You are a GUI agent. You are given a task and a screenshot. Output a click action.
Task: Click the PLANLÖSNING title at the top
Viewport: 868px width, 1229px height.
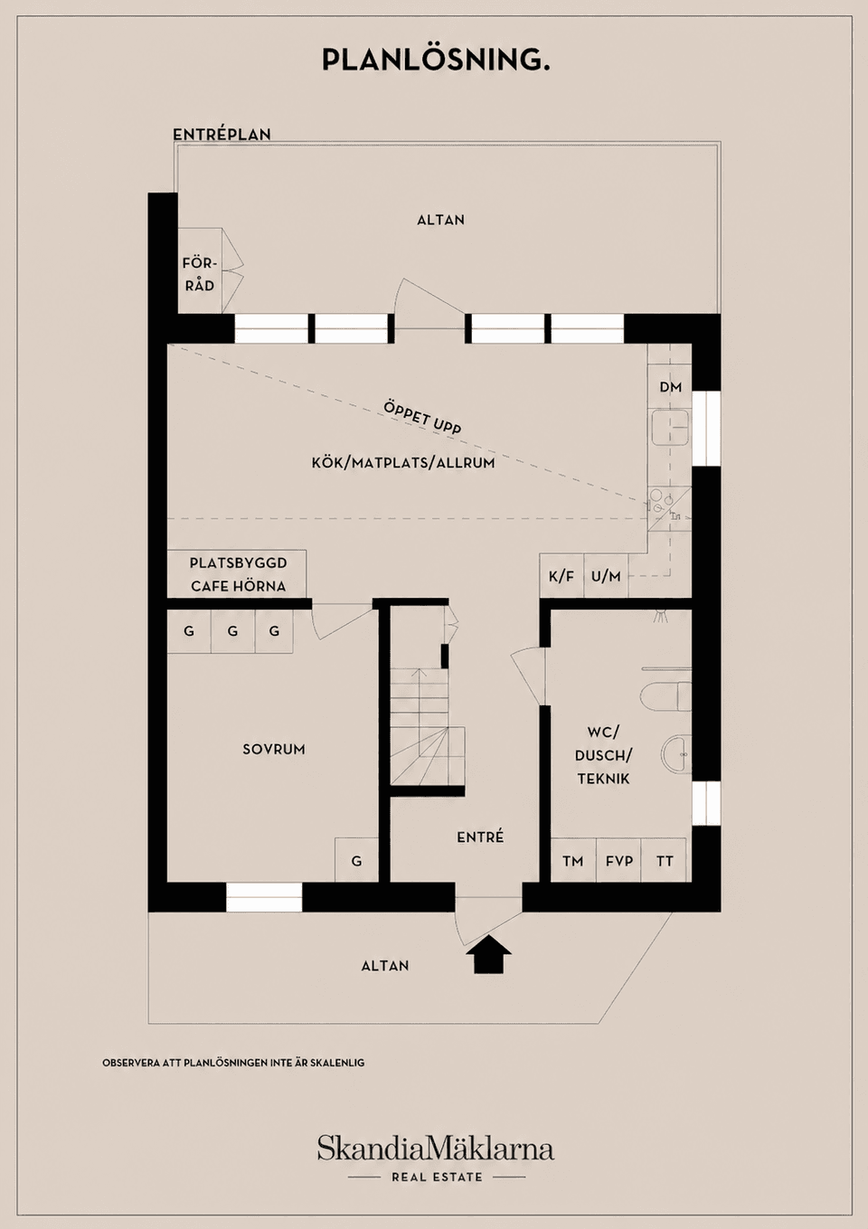(436, 59)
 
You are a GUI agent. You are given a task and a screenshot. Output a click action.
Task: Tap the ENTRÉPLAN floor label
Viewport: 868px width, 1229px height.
(222, 135)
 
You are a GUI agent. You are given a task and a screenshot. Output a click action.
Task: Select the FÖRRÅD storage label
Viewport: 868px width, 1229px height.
(199, 275)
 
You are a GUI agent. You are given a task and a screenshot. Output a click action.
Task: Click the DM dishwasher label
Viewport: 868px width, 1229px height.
(671, 387)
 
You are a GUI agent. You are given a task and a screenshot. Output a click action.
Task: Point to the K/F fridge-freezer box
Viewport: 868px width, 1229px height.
(561, 575)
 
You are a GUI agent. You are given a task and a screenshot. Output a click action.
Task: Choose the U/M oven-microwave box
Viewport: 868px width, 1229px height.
(606, 575)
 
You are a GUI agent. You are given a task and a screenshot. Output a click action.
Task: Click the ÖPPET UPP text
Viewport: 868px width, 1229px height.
(422, 418)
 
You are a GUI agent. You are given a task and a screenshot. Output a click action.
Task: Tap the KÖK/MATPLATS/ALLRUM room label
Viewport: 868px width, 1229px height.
(403, 463)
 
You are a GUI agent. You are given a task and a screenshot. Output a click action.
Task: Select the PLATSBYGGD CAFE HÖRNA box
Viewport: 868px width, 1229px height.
(237, 574)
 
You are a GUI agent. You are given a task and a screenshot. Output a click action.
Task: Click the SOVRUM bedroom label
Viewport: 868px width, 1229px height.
(274, 750)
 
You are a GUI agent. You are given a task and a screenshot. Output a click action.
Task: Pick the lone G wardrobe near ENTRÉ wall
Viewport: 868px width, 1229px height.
(356, 860)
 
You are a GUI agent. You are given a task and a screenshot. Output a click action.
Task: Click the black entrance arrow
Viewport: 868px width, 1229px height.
(488, 955)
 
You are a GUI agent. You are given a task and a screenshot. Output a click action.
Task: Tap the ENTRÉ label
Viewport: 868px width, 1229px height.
(480, 837)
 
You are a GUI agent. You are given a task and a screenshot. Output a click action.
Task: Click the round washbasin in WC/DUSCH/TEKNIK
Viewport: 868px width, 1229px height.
(676, 754)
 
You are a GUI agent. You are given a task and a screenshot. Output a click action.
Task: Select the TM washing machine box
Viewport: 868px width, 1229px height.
(573, 860)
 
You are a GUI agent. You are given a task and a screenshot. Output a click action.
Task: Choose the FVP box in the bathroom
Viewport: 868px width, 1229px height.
(618, 860)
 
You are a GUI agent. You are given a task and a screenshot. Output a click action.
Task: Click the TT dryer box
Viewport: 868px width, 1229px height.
(664, 860)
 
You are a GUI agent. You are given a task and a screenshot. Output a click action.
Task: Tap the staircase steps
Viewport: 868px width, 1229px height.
(428, 726)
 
